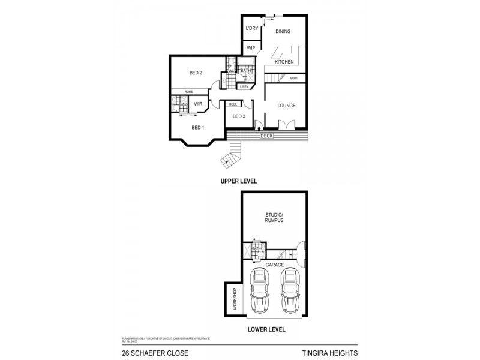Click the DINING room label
(283, 31)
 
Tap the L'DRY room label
(251, 29)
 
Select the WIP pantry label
(250, 48)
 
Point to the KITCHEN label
(283, 62)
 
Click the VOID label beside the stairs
(293, 78)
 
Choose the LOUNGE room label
(286, 106)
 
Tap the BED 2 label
(196, 73)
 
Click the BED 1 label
(198, 127)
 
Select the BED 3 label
(238, 116)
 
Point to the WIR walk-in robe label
(197, 104)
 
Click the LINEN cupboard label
(244, 86)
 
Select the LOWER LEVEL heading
(266, 329)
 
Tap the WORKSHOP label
(233, 299)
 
